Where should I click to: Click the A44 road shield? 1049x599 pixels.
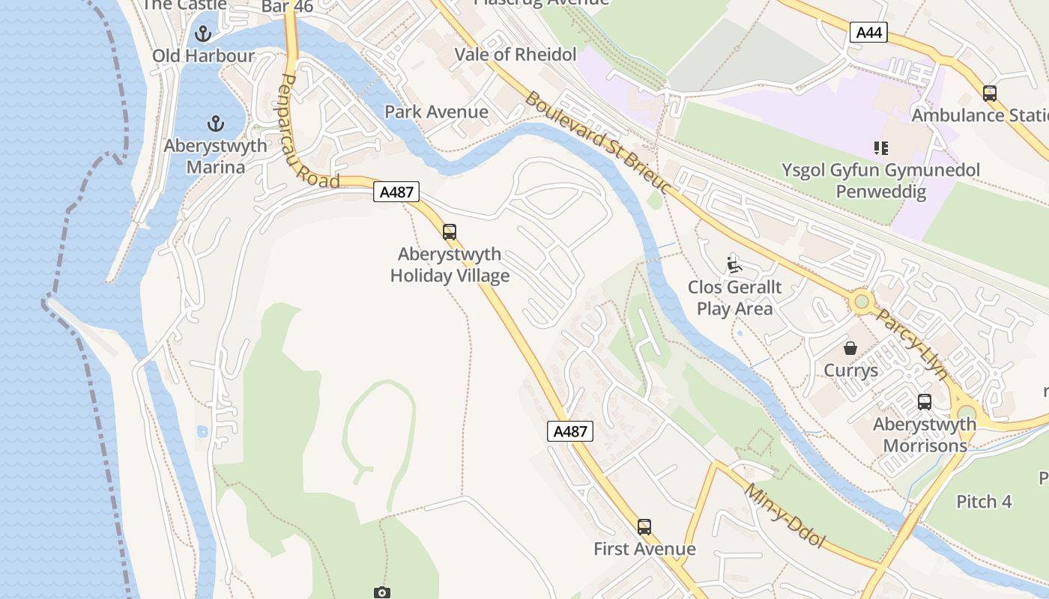pyautogui.click(x=868, y=32)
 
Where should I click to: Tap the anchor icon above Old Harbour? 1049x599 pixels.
pyautogui.click(x=203, y=34)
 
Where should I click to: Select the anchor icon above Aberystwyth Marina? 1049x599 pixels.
pyautogui.click(x=216, y=124)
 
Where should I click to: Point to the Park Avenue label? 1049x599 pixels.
pyautogui.click(x=436, y=112)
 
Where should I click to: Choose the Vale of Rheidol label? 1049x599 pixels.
pyautogui.click(x=516, y=55)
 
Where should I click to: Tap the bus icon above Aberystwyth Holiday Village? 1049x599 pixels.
pyautogui.click(x=450, y=232)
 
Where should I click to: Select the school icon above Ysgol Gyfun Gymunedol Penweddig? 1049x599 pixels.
pyautogui.click(x=880, y=148)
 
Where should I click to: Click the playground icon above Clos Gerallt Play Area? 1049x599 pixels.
pyautogui.click(x=734, y=264)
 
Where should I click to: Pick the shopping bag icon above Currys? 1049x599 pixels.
pyautogui.click(x=850, y=348)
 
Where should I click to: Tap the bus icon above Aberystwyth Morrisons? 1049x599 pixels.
pyautogui.click(x=925, y=402)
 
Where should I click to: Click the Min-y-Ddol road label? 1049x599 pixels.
pyautogui.click(x=785, y=515)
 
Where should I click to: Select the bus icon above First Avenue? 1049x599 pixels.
pyautogui.click(x=644, y=527)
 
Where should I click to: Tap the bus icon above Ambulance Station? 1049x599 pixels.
pyautogui.click(x=990, y=94)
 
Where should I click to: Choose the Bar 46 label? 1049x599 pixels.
pyautogui.click(x=288, y=7)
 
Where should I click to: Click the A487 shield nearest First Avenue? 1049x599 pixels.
pyautogui.click(x=570, y=431)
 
